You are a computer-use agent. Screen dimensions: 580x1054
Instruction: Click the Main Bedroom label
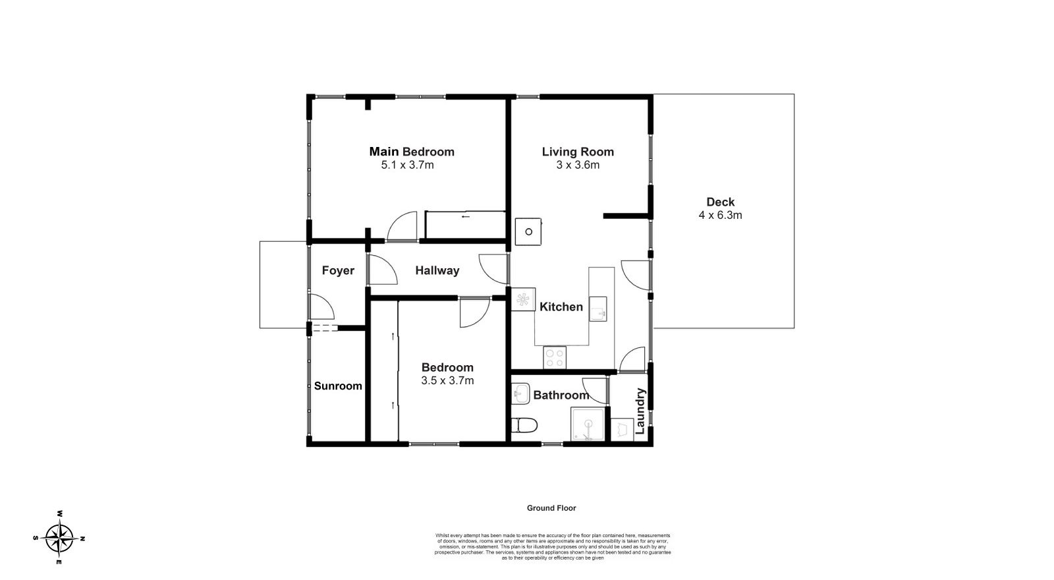[x=411, y=152]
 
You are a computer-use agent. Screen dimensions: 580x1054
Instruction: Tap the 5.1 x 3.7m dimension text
[x=407, y=165]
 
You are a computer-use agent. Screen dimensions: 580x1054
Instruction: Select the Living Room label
[x=578, y=152]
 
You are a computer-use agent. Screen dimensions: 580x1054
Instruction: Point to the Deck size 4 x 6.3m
[x=720, y=215]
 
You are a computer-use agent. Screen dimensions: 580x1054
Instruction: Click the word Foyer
[x=338, y=271]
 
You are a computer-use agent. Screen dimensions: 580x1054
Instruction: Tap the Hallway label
[x=437, y=271]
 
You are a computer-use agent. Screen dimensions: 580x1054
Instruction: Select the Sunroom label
[x=338, y=386]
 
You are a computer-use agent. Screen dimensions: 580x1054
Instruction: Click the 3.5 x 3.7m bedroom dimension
[x=447, y=380]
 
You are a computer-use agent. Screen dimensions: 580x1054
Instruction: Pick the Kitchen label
[x=561, y=307]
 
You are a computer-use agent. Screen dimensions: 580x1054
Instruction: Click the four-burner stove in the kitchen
[x=555, y=358]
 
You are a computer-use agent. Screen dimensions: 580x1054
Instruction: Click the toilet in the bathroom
[x=524, y=426]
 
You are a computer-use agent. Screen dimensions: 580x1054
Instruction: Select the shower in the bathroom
[x=587, y=425]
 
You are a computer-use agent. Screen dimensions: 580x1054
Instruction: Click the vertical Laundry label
[x=640, y=413]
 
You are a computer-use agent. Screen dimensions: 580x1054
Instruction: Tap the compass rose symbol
[x=60, y=538]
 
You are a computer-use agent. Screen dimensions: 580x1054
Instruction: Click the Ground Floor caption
[x=551, y=508]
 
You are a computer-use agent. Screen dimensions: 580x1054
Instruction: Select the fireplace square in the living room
[x=528, y=231]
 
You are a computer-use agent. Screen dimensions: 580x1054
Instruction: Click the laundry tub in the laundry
[x=622, y=430]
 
